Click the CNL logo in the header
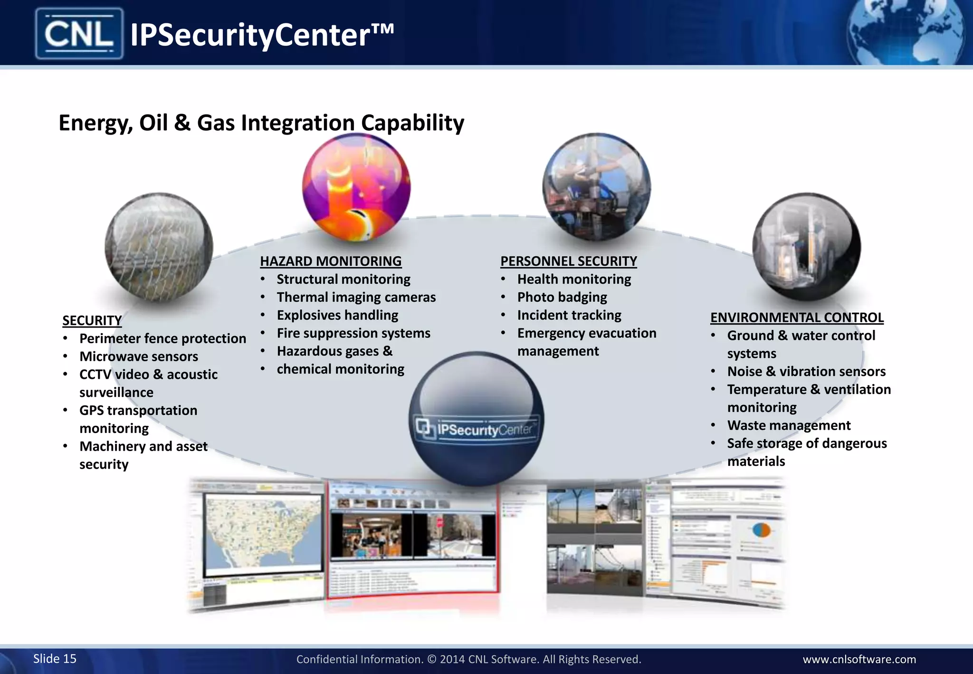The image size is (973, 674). click(x=79, y=34)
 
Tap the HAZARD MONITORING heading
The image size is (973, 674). click(x=331, y=261)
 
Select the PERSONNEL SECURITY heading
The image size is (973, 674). click(x=568, y=261)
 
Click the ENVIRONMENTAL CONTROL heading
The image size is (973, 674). click(x=797, y=317)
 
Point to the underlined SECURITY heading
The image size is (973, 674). click(x=92, y=320)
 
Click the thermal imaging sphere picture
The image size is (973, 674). click(x=356, y=187)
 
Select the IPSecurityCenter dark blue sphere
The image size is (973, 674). click(x=477, y=418)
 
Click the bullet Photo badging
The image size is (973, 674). click(x=562, y=297)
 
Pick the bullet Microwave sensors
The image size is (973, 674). click(x=139, y=356)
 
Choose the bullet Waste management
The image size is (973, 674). click(x=789, y=425)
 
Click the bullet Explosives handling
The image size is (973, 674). click(x=337, y=315)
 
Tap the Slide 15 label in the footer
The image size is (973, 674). click(x=55, y=658)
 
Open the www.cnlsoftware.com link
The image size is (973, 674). click(x=859, y=659)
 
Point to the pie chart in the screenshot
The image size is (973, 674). click(x=762, y=530)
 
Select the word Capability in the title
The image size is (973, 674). click(x=412, y=123)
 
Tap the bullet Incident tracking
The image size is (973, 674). click(x=569, y=315)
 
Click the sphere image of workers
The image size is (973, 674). click(x=596, y=187)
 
